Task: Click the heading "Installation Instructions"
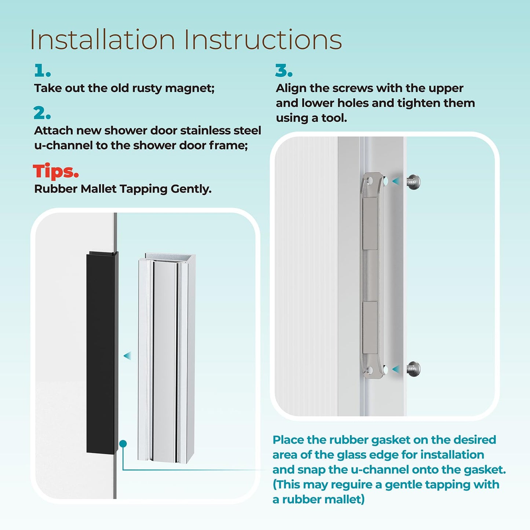(x=186, y=40)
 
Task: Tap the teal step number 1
(x=42, y=70)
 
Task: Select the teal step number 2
(x=42, y=113)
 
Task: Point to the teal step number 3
(x=284, y=70)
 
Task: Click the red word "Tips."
(x=56, y=171)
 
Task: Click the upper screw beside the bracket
(x=413, y=182)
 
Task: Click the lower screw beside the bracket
(x=413, y=368)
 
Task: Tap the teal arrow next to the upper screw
(x=396, y=181)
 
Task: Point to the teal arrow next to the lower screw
(x=396, y=369)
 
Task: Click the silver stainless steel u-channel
(x=166, y=358)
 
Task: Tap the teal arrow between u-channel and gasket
(x=127, y=355)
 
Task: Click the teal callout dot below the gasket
(x=123, y=444)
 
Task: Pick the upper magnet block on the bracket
(x=370, y=224)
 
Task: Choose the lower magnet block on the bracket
(x=370, y=328)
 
